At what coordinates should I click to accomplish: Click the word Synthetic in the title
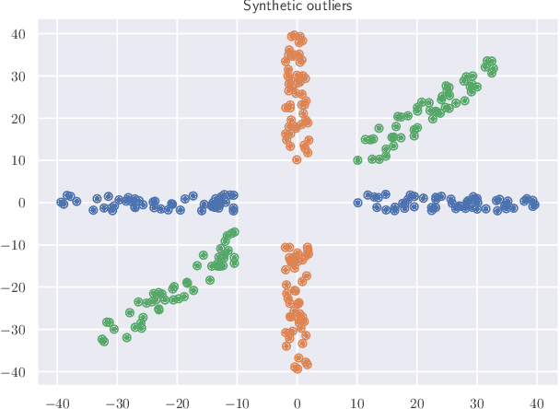point(267,6)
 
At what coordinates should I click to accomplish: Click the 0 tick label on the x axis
point(297,402)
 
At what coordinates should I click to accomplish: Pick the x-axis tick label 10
point(356,402)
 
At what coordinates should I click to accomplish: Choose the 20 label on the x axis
point(416,402)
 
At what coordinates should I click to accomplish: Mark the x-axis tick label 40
point(536,402)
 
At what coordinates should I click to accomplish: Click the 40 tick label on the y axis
point(17,34)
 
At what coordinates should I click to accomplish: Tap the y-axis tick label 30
point(17,76)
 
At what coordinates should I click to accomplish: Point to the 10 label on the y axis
point(17,160)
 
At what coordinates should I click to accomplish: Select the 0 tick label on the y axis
point(21,203)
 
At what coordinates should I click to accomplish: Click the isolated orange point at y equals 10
point(297,159)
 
